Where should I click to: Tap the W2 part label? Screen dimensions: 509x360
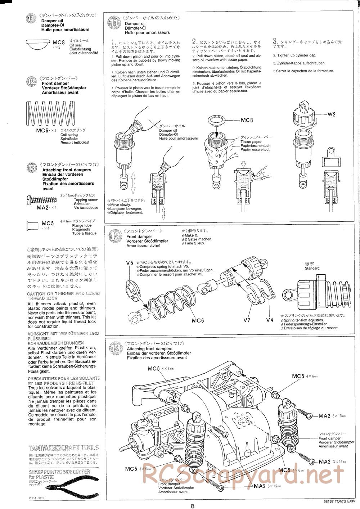pos(332,114)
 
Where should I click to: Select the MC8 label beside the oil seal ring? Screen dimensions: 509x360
pos(247,120)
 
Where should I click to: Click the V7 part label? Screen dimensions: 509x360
pos(247,320)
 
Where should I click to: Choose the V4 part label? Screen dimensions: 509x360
pos(270,320)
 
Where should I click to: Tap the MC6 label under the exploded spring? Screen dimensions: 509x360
pos(198,320)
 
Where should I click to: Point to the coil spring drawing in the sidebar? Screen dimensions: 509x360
pos(51,113)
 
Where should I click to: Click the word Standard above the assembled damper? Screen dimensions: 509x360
pos(312,268)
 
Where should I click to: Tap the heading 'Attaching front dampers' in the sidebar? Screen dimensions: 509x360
pos(67,170)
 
